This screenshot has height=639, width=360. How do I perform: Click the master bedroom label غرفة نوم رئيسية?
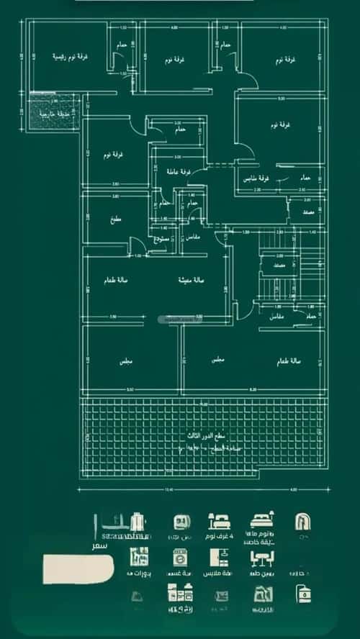(69, 57)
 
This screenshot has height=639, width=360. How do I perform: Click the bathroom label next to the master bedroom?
(122, 45)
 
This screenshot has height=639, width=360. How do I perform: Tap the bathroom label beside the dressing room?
(305, 177)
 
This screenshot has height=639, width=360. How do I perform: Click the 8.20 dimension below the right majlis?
(253, 389)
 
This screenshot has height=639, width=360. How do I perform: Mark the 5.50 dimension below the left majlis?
(130, 389)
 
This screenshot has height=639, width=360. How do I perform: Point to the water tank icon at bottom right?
(302, 594)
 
